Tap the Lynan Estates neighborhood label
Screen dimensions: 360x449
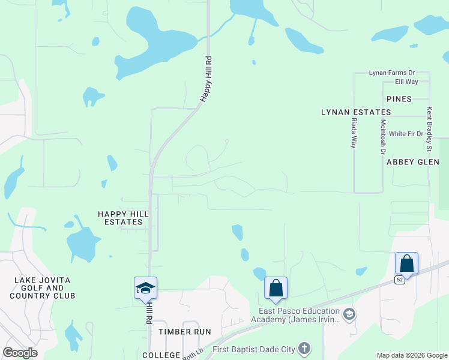[356, 112]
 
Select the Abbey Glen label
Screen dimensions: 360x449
[413, 162]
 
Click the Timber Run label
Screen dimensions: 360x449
[185, 332]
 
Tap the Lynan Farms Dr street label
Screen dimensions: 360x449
[392, 73]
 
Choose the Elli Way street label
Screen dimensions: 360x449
[406, 82]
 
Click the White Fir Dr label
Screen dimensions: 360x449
[406, 134]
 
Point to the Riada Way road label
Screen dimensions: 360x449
[354, 133]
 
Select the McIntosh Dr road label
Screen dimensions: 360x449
[382, 137]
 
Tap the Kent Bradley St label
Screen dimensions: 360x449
[429, 129]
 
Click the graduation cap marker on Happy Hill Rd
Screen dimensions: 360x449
[145, 289]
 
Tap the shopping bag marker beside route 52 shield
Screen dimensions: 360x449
[406, 263]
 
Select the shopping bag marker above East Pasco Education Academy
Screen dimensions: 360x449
[276, 288]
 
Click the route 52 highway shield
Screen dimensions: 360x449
[400, 280]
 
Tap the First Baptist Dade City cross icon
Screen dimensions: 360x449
[304, 348]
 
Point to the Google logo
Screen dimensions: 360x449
[20, 353]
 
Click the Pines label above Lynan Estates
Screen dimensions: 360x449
[399, 99]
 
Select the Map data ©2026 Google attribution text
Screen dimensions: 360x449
[411, 355]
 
